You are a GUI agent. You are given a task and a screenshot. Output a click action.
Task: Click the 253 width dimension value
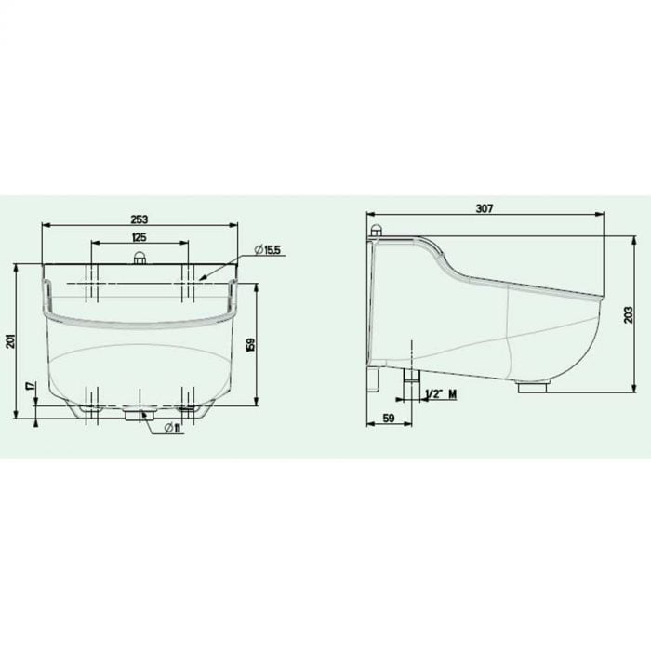click(139, 219)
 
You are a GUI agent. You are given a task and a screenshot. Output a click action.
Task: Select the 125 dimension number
click(139, 237)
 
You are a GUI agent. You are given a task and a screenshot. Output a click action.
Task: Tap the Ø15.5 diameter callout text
click(268, 249)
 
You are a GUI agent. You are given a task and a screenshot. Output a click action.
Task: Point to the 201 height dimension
click(11, 341)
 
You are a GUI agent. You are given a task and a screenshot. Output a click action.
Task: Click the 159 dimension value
click(250, 345)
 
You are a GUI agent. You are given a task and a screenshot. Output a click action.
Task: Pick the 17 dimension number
click(30, 386)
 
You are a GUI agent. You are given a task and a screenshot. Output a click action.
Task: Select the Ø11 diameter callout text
click(175, 428)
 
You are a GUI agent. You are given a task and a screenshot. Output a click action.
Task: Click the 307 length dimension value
click(485, 208)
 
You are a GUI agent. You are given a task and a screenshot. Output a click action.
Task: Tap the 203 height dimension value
click(629, 315)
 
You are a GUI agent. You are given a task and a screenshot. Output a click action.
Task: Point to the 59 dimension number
click(388, 418)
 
